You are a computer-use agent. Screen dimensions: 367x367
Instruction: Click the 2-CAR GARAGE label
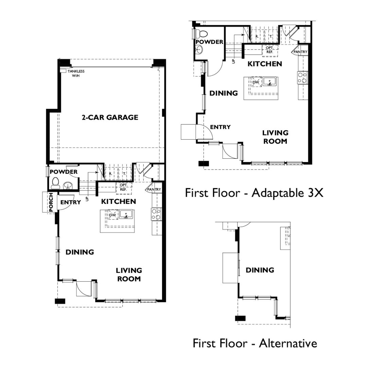point(110,117)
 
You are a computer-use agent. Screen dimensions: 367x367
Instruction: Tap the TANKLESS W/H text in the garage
point(76,73)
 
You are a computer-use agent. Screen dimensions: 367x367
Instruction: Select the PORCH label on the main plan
point(51,202)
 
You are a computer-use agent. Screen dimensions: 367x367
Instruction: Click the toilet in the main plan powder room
point(55,183)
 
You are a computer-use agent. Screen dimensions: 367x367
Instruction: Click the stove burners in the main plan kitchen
point(156,214)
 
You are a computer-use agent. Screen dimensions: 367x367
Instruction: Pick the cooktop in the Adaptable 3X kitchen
point(302,78)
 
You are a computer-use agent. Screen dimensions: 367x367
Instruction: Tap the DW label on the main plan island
point(112,215)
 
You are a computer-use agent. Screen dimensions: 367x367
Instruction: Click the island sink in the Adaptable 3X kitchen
point(269,82)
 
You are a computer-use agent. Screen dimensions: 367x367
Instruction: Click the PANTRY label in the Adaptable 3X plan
point(300,52)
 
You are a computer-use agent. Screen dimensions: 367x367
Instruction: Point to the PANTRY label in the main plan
point(154,189)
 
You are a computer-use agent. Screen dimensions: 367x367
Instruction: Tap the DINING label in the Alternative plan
point(260,270)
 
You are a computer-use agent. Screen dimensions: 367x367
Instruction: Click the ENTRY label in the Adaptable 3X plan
point(220,127)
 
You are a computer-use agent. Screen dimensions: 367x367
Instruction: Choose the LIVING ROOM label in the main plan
point(129,275)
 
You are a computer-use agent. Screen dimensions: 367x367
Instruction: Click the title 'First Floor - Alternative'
point(255,343)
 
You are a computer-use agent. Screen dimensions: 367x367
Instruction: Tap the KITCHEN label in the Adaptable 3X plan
point(265,64)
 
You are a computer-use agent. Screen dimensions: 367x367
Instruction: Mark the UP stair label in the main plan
point(87,199)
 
